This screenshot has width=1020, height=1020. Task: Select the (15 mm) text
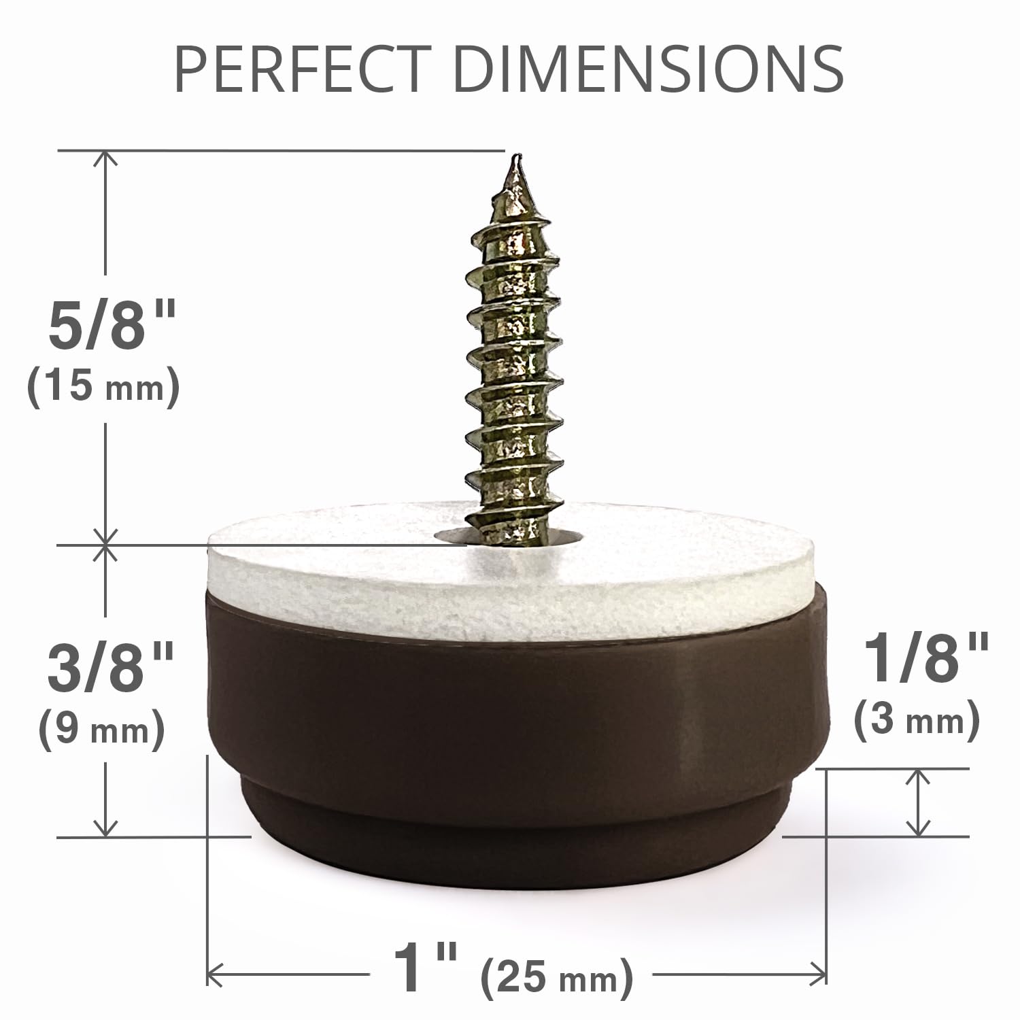103,387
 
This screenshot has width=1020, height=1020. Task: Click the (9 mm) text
102,730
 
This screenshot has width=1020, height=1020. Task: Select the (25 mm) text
557,979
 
